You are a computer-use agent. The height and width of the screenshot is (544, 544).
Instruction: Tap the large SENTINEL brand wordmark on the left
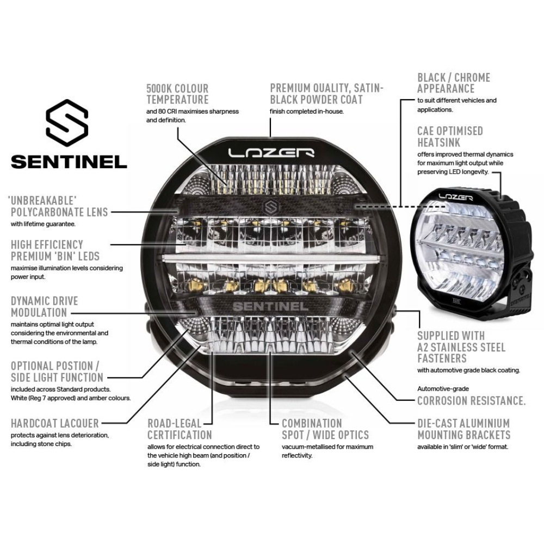[x=69, y=162]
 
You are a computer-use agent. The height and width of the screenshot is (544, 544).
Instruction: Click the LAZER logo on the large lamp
[x=270, y=152]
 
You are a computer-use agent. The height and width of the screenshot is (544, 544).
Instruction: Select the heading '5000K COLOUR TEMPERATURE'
[x=177, y=94]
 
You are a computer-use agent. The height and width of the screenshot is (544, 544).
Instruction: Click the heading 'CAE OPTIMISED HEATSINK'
[x=450, y=136]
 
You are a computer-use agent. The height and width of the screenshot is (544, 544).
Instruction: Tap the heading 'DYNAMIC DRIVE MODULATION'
[x=45, y=307]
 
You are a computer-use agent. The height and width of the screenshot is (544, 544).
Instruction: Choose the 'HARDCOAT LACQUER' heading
[x=55, y=423]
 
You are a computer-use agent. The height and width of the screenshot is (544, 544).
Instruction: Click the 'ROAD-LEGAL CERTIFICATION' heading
[x=180, y=429]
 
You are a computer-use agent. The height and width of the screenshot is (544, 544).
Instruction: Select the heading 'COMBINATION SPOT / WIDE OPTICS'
[x=325, y=429]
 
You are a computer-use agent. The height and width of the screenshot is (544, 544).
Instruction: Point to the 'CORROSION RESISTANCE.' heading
[x=471, y=401]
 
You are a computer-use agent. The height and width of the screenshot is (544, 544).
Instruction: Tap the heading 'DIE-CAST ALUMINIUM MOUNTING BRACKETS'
[x=463, y=429]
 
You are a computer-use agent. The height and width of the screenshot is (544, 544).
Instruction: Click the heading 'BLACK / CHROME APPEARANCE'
[x=454, y=83]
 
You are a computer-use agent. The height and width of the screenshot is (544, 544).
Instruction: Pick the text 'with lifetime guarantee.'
[x=43, y=224]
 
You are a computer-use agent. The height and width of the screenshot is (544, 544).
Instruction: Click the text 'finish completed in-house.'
[x=307, y=112]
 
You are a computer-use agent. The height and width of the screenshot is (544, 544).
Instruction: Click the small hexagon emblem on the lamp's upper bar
[x=270, y=207]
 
